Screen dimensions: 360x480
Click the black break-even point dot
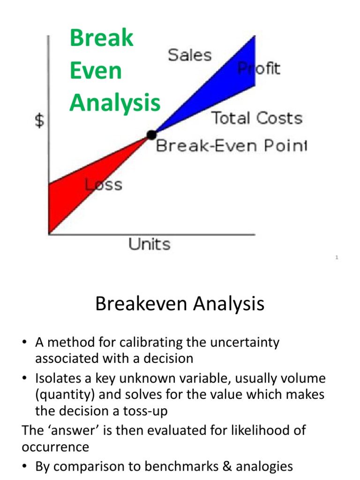click(151, 135)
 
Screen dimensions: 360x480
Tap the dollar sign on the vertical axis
click(39, 120)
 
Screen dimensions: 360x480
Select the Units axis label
click(150, 244)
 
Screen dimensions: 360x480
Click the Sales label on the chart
click(190, 55)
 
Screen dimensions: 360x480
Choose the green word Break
click(102, 38)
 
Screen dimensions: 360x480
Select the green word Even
click(96, 70)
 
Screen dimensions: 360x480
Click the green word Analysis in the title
click(115, 103)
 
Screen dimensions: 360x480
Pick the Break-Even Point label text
click(232, 145)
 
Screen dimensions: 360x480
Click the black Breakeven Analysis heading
click(180, 303)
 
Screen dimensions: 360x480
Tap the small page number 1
click(337, 257)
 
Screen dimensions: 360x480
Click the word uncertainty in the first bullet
click(245, 342)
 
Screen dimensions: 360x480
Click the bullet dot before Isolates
click(25, 378)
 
